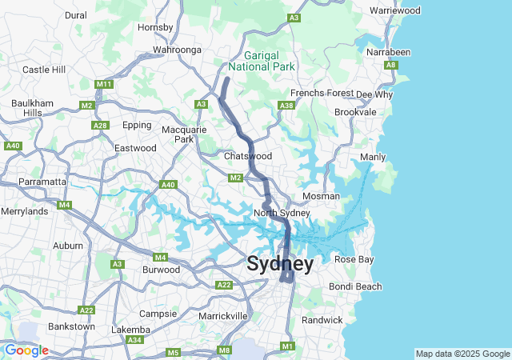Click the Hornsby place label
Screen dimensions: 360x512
(155, 27)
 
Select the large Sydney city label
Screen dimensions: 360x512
(280, 264)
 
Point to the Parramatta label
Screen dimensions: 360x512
(42, 182)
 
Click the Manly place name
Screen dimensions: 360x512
(373, 157)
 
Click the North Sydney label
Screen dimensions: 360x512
(282, 213)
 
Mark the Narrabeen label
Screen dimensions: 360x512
(388, 52)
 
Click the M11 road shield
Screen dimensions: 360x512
(103, 84)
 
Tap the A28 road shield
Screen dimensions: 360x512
(100, 126)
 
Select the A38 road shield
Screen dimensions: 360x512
(286, 106)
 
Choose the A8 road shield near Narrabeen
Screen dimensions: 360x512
(390, 65)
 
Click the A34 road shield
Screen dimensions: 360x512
(134, 340)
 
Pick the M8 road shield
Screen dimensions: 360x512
(225, 350)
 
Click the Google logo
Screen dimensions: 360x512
(26, 350)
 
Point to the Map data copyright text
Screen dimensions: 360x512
(462, 354)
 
